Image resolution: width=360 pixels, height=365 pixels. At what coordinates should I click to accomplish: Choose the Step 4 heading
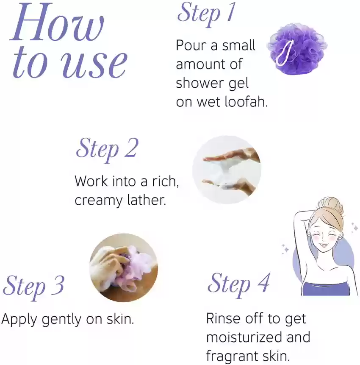click(238, 284)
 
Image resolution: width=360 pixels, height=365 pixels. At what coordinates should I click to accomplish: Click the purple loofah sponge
click(297, 48)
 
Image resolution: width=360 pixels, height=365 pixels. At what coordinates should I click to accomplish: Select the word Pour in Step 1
click(191, 45)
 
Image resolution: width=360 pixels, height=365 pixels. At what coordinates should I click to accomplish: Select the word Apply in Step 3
click(19, 320)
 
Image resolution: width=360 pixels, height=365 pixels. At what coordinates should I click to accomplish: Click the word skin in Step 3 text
click(120, 318)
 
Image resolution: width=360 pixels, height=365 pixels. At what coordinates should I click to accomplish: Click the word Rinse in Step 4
click(223, 318)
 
